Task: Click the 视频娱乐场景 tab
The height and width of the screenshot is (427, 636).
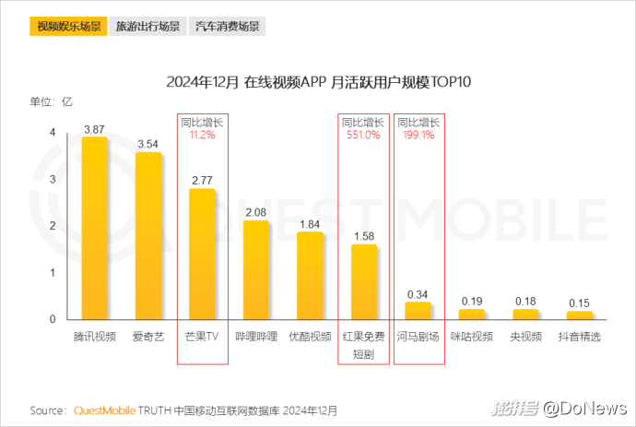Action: coord(69,26)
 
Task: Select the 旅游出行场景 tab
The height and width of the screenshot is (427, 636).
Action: coord(147,26)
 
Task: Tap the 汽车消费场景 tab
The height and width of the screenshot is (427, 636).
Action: coord(227,26)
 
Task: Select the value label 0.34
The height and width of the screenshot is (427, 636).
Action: coord(418,294)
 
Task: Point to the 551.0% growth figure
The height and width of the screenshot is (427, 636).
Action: coord(362,135)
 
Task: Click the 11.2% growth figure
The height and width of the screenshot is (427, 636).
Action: coord(202,135)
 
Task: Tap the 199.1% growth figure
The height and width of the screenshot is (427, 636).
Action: coord(418,135)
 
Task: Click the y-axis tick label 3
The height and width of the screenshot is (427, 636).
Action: coord(52,180)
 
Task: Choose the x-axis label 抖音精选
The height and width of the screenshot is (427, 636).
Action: coord(579,337)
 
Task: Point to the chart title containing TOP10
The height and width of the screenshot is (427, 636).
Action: coord(319,82)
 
